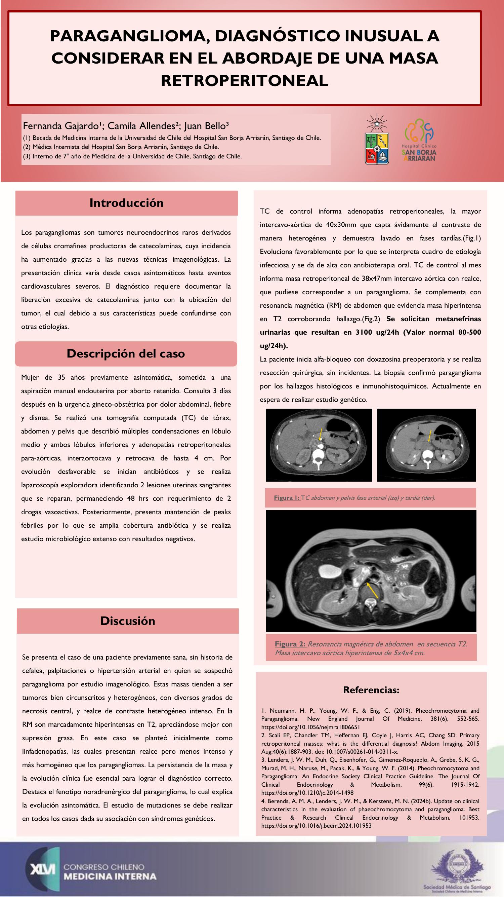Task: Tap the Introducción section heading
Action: (x=127, y=203)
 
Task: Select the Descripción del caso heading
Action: (x=126, y=354)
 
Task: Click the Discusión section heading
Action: (x=128, y=621)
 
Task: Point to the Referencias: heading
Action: (x=371, y=690)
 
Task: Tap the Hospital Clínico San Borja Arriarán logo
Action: (x=419, y=140)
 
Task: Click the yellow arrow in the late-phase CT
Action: (x=429, y=436)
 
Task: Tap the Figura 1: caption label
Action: (x=287, y=498)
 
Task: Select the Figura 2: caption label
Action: (x=290, y=644)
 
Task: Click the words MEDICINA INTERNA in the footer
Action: (x=110, y=876)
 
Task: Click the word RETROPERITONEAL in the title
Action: (x=245, y=81)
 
